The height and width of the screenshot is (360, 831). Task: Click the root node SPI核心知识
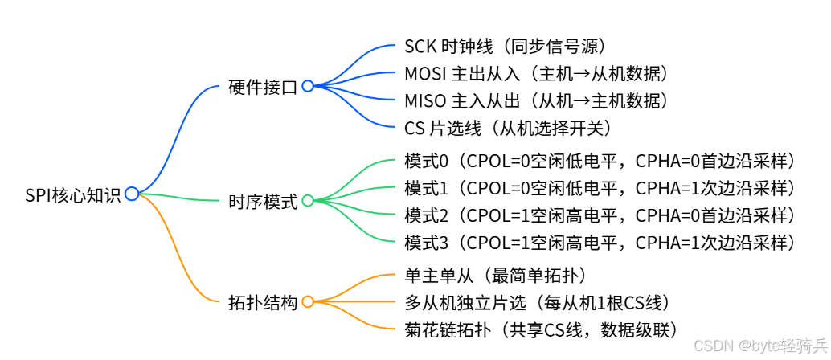(72, 194)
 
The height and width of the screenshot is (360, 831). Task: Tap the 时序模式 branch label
(262, 201)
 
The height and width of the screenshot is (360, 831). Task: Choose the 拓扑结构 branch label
(262, 303)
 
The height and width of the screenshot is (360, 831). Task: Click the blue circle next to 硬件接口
(308, 87)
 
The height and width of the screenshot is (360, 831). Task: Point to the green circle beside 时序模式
(308, 200)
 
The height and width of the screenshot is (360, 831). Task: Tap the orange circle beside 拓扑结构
(308, 302)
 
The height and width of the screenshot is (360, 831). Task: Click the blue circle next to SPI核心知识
(132, 193)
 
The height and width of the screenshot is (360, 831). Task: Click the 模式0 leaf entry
(599, 161)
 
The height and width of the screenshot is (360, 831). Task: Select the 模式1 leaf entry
(599, 188)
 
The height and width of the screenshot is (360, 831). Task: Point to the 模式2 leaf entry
(599, 215)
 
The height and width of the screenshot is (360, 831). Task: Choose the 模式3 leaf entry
(599, 242)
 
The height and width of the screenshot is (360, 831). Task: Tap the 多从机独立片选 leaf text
(537, 303)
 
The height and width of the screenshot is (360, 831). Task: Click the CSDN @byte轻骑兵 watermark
(760, 345)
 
